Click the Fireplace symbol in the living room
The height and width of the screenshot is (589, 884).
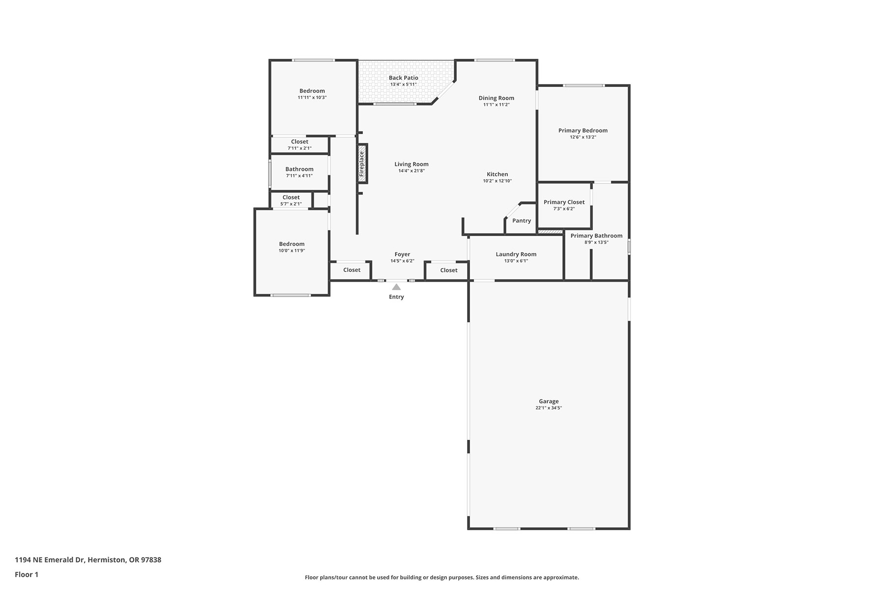click(x=362, y=163)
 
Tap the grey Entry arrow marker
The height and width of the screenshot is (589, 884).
click(x=396, y=287)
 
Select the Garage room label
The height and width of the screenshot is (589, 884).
click(x=549, y=401)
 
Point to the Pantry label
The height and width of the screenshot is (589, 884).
click(x=522, y=220)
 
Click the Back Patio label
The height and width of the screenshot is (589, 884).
click(x=404, y=78)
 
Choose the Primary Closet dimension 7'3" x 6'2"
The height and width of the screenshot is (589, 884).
click(x=564, y=209)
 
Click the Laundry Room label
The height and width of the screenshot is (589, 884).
click(x=516, y=254)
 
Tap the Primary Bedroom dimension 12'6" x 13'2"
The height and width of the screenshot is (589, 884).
click(x=583, y=137)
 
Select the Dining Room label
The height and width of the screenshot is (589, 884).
click(x=497, y=98)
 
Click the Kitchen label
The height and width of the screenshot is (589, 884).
click(x=497, y=174)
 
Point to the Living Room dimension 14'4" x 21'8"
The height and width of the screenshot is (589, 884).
click(x=412, y=171)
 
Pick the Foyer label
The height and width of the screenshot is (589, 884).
click(x=402, y=254)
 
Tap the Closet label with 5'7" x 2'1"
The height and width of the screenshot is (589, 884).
click(x=291, y=197)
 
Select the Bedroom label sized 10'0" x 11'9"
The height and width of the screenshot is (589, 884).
click(x=292, y=244)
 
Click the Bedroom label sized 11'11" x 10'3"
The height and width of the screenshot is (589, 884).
click(x=312, y=91)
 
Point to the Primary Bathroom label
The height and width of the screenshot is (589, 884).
click(x=597, y=236)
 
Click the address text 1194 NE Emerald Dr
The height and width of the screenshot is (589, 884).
click(x=50, y=560)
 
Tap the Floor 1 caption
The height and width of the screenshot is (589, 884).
click(x=27, y=574)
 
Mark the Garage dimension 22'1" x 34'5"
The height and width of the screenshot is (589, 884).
click(x=549, y=408)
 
